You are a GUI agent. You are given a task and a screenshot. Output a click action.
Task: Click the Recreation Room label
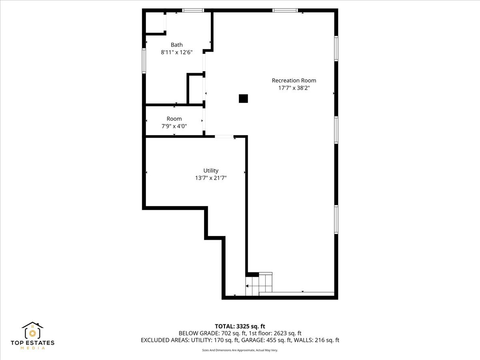coord(294,80)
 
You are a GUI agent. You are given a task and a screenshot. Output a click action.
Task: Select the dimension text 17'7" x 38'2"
coord(294,88)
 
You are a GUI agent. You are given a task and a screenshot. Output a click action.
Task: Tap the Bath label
coord(176,45)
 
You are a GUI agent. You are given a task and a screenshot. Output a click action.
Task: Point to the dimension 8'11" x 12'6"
coord(176,52)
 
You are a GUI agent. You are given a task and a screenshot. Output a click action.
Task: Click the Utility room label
coord(211,170)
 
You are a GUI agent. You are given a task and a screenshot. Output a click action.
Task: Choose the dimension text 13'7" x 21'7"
coord(211,178)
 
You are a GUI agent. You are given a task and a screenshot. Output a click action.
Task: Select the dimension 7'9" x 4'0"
coord(174,126)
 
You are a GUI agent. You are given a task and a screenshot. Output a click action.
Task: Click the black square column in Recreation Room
coord(243,98)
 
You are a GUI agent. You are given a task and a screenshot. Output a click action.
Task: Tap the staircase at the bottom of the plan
coord(259,285)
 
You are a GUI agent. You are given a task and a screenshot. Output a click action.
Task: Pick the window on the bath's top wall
coord(193,10)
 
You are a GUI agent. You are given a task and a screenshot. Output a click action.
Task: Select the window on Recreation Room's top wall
coord(285,10)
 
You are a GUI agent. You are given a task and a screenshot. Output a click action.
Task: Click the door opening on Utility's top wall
coord(224,137)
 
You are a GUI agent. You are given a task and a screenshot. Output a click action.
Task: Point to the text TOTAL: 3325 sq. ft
coord(240,326)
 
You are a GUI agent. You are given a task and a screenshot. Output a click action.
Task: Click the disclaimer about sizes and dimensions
coord(240,350)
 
